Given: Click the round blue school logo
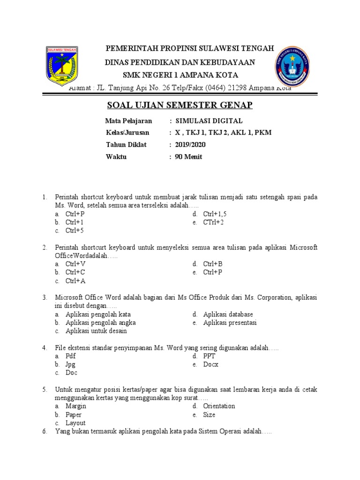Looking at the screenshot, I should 291,66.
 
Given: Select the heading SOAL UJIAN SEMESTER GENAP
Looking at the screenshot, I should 180,105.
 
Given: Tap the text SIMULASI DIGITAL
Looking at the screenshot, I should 209,121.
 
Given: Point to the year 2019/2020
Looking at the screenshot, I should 190,145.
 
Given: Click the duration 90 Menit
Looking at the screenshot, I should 188,157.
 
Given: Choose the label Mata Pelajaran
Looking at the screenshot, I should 129,121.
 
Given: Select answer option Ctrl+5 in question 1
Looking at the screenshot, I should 75,231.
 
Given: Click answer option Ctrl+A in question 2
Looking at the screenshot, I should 75,281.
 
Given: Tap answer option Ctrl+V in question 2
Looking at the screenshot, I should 75,264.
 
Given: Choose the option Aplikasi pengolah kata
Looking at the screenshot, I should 98,314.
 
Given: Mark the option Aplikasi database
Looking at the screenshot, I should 228,314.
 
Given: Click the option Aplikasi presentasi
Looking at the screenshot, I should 230,322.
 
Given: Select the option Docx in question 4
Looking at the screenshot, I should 210,364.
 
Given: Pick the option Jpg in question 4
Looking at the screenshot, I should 70,364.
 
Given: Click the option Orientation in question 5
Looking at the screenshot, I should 219,406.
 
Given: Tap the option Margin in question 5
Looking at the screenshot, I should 75,406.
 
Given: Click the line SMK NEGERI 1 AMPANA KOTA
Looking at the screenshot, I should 180,75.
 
